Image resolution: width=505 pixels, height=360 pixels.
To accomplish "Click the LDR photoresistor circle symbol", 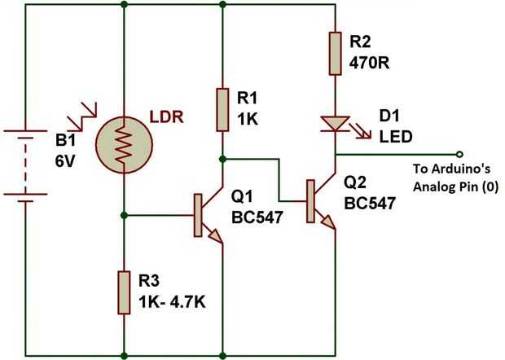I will (x=124, y=145).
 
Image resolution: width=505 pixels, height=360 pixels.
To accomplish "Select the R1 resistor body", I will (x=222, y=110).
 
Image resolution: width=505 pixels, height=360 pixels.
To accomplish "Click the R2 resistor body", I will (x=335, y=54).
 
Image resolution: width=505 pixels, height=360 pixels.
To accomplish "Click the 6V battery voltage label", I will (x=66, y=160).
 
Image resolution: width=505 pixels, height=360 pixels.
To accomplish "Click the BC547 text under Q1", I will (x=259, y=218).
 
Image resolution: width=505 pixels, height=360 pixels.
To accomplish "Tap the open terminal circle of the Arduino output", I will (x=460, y=152).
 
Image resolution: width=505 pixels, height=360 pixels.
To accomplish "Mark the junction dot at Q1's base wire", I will (x=124, y=216).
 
